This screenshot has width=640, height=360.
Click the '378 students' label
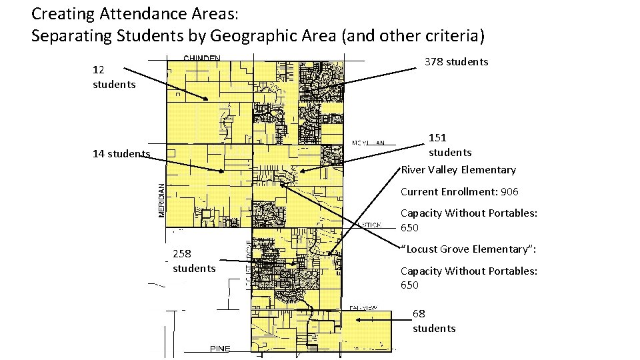click(457, 62)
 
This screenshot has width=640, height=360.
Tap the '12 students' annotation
click(114, 77)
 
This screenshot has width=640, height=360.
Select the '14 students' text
click(121, 154)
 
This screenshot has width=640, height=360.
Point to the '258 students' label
click(194, 261)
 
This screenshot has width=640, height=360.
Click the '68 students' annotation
click(434, 321)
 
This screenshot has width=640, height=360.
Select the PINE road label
click(220, 349)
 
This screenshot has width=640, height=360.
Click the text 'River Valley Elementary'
click(458, 170)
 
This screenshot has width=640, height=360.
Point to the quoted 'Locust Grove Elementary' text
click(468, 249)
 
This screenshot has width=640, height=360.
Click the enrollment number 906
click(509, 192)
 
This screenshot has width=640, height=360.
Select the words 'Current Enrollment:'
click(449, 192)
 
